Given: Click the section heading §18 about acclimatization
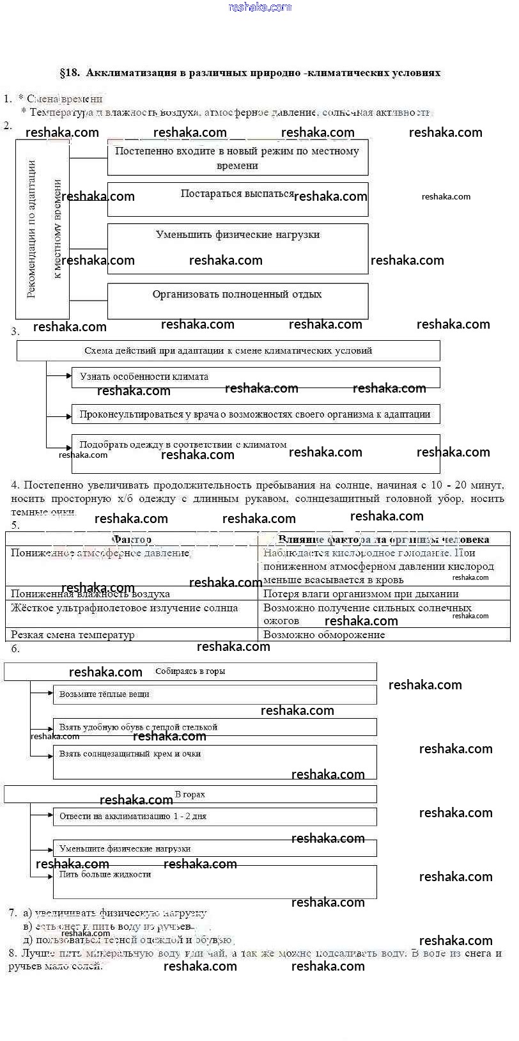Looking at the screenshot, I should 250,73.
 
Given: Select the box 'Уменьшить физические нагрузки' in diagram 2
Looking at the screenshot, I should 237,248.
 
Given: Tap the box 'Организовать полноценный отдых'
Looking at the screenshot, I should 237,301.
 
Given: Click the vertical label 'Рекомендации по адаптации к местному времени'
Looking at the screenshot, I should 42,229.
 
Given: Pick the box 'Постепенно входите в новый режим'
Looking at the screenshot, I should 237,157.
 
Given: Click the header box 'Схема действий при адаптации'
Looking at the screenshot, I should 228,350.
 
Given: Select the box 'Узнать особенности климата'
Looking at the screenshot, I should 255,377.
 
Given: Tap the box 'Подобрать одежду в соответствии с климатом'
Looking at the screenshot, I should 255,453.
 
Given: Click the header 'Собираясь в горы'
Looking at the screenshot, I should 190,671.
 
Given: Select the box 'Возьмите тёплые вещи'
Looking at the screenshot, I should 214,694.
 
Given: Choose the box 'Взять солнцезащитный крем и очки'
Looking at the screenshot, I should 214,762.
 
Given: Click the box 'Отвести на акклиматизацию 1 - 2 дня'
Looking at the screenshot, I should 214,817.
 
